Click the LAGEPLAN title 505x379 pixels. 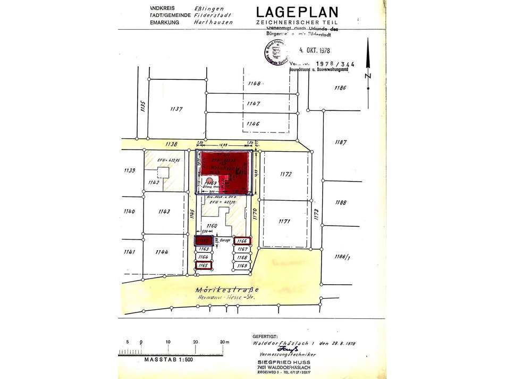coord(297,12)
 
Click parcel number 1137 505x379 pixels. coord(176,109)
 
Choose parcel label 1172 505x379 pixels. coord(287,174)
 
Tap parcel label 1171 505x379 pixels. coord(287,220)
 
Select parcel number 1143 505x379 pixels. coord(164,211)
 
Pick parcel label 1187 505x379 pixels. coord(341,143)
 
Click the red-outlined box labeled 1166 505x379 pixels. coord(242,241)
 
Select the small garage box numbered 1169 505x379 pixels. coord(242,265)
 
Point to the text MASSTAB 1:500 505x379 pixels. coord(168,360)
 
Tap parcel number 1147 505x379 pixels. coord(254,103)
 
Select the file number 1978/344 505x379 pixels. coord(338,64)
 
